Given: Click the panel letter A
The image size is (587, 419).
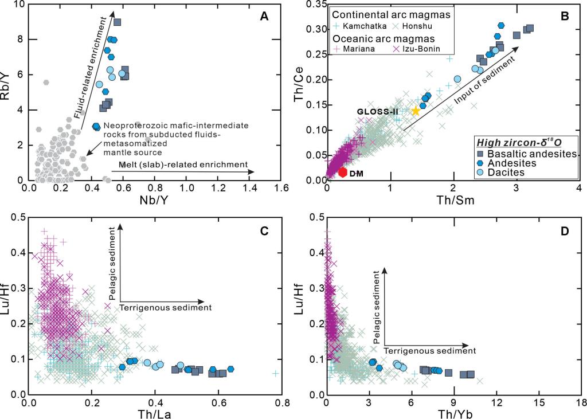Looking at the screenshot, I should tap(264, 17).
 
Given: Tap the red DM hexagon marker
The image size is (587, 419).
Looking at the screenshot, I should tap(343, 171).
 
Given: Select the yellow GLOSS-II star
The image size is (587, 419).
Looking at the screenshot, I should tap(416, 111).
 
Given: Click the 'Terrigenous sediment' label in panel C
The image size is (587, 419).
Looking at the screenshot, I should tap(166, 308).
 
